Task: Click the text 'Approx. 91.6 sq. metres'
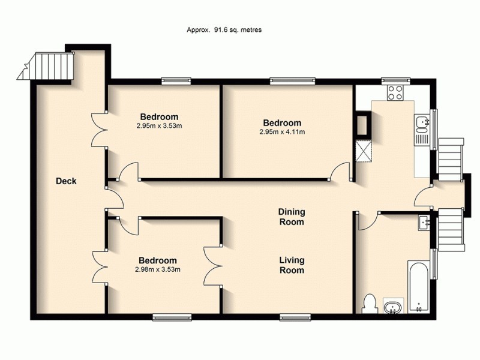tap(225, 29)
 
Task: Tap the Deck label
tap(66, 181)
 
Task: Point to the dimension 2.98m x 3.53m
tap(158, 269)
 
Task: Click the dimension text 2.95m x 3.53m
tap(160, 125)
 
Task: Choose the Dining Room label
tap(292, 217)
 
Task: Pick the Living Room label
tap(292, 265)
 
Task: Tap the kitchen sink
tap(422, 124)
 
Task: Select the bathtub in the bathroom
tap(419, 286)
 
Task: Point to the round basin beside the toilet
tap(392, 308)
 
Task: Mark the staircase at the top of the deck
tap(53, 66)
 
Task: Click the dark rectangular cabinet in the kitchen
tap(362, 125)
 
